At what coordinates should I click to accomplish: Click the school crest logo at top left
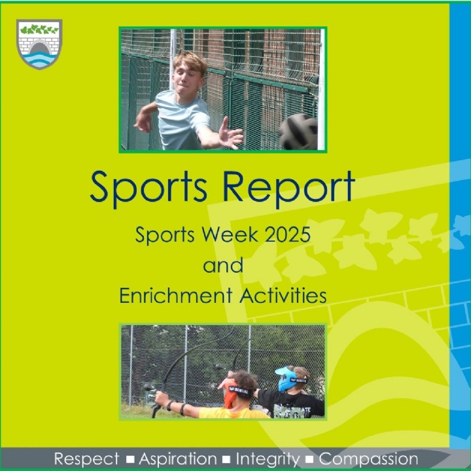click(x=39, y=44)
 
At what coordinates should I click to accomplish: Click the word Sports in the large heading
click(x=148, y=188)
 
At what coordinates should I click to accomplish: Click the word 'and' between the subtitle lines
click(x=223, y=265)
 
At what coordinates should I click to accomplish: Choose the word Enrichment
click(x=176, y=295)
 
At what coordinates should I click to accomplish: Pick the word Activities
click(x=283, y=295)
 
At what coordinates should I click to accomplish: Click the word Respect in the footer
click(x=86, y=459)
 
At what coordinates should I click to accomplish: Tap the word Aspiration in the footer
click(x=178, y=459)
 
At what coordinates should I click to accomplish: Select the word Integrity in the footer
click(x=268, y=459)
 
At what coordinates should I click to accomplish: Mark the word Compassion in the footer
click(x=368, y=459)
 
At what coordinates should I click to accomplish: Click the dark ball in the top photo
click(x=298, y=131)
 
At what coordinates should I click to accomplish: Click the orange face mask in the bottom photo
click(x=229, y=394)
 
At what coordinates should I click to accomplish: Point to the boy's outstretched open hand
click(x=231, y=134)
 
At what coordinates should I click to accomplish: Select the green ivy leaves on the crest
click(x=39, y=29)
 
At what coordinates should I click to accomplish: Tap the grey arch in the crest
click(x=39, y=48)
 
